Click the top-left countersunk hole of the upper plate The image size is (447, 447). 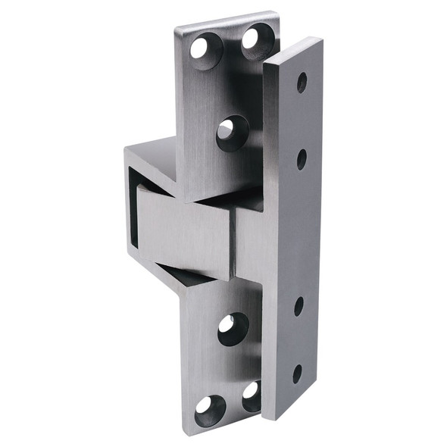202,48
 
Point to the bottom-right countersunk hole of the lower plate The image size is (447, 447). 251,395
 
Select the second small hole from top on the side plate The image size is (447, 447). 302,159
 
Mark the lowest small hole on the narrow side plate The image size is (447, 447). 297,374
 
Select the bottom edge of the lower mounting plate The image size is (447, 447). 220,433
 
